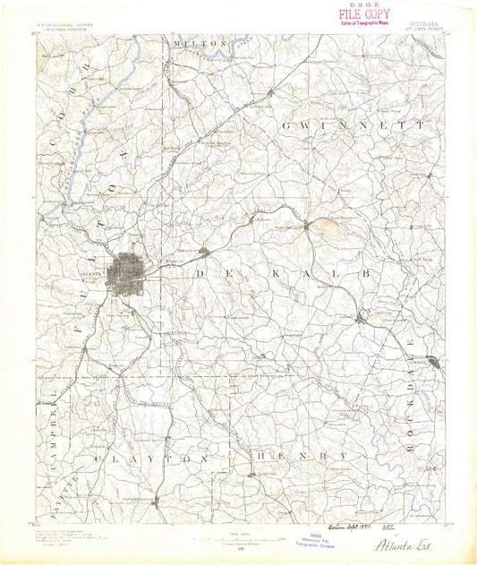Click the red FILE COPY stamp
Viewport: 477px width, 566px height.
363,14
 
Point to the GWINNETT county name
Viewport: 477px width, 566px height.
353,126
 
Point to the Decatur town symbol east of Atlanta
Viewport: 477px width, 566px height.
204,252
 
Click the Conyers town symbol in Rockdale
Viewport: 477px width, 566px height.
432,362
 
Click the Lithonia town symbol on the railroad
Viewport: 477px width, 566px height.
360,318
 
